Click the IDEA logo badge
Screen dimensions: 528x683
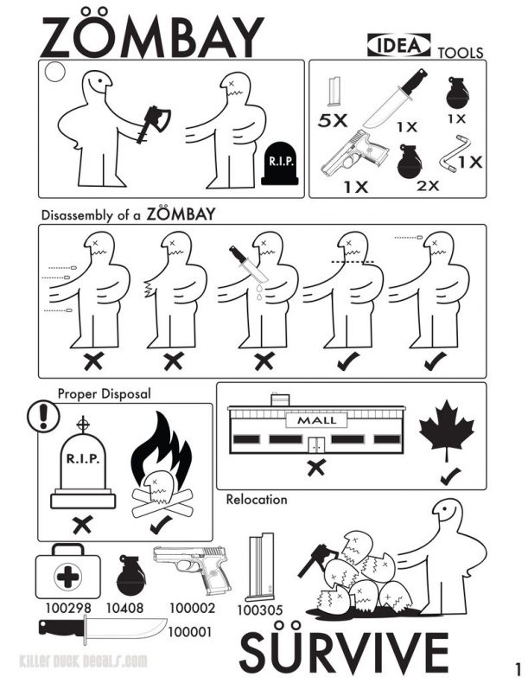(398, 45)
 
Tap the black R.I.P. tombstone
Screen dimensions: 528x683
(279, 163)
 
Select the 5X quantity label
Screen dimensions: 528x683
(333, 120)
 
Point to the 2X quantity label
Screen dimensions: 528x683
(428, 186)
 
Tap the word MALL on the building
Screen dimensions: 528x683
(316, 420)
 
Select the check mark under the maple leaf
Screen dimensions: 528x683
(450, 476)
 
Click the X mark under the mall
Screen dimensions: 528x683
(316, 468)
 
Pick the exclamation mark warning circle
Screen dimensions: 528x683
(43, 417)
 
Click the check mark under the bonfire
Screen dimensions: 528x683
(161, 525)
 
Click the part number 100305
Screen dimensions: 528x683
(260, 610)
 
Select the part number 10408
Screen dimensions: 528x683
(124, 608)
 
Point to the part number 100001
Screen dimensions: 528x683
(190, 631)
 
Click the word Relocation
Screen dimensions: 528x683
(257, 499)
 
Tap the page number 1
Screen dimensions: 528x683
(518, 668)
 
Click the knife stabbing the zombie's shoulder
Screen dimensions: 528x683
(248, 265)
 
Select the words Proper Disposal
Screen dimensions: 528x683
(104, 393)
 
